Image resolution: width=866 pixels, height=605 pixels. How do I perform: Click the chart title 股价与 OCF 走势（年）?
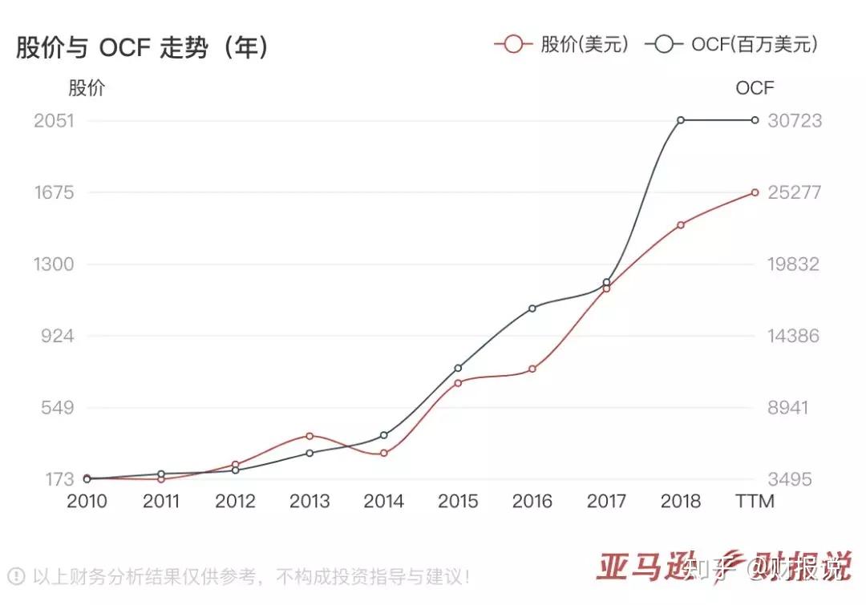[143, 48]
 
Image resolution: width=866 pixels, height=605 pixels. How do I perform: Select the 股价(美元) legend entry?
[562, 44]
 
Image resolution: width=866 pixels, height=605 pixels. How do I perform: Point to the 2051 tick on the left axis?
[54, 121]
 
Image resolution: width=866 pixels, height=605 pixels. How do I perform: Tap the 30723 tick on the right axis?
[794, 121]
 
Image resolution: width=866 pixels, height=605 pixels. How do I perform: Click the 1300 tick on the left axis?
[54, 264]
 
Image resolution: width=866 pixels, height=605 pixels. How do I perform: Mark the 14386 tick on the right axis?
[794, 336]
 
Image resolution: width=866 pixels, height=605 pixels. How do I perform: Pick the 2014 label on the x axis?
[383, 502]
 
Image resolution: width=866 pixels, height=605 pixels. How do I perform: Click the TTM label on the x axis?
[755, 502]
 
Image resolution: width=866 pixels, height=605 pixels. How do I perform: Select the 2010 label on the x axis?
[87, 502]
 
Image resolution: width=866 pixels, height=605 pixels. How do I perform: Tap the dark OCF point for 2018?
[681, 120]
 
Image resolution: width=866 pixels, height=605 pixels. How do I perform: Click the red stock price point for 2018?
[681, 225]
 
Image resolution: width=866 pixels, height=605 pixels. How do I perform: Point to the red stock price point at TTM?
[755, 192]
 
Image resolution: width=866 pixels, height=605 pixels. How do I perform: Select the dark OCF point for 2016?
[532, 308]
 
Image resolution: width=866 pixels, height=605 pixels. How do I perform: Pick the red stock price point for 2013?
[310, 436]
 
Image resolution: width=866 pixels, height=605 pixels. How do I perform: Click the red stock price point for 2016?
[532, 369]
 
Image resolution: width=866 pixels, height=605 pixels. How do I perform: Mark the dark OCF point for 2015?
[458, 368]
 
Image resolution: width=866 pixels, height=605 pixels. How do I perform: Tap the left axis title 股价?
[87, 88]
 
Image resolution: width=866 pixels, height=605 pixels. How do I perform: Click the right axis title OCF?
[755, 88]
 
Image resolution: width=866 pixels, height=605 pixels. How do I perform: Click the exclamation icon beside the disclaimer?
[15, 575]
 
